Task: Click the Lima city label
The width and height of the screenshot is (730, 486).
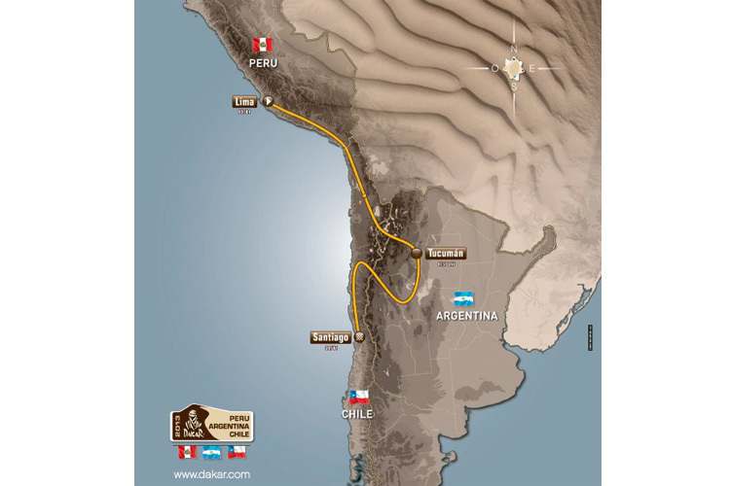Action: click(244, 100)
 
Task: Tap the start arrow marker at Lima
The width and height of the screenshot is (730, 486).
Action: click(267, 100)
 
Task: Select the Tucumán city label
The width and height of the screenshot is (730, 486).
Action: click(446, 253)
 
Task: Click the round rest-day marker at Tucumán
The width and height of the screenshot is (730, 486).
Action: click(416, 253)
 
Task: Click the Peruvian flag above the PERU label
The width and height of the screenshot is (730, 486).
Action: click(261, 45)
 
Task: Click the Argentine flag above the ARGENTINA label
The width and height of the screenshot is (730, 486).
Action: click(462, 297)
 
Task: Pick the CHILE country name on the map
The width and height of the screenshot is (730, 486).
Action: click(358, 414)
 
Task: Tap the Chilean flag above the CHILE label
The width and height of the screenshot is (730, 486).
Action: click(358, 397)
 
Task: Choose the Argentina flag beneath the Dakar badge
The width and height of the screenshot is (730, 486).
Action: click(209, 452)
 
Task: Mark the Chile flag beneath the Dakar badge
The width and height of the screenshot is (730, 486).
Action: click(236, 452)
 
